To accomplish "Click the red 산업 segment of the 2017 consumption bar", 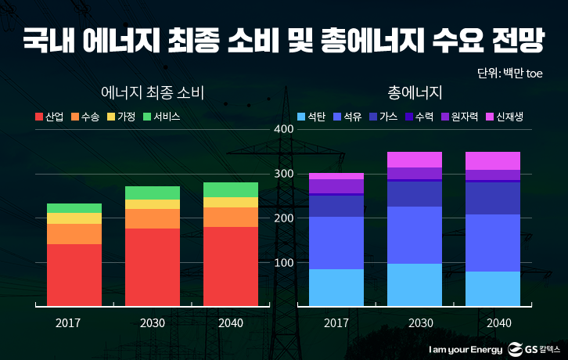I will tap(74, 274).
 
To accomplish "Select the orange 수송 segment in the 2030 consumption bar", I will tap(153, 218).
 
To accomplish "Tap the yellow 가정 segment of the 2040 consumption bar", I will tap(231, 202).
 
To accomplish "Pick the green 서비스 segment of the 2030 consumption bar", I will tap(153, 193).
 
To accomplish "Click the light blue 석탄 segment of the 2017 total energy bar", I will tap(336, 286).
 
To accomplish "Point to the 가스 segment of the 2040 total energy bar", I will tap(493, 198).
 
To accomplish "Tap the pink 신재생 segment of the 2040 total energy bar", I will tap(493, 160).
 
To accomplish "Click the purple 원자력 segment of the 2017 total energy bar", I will tap(336, 186).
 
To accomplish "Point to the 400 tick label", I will tap(283, 128).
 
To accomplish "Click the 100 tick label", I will tap(283, 262).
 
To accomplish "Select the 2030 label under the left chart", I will tap(153, 322).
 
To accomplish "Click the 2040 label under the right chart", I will tap(499, 322).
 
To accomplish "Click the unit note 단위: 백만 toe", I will tap(509, 73).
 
